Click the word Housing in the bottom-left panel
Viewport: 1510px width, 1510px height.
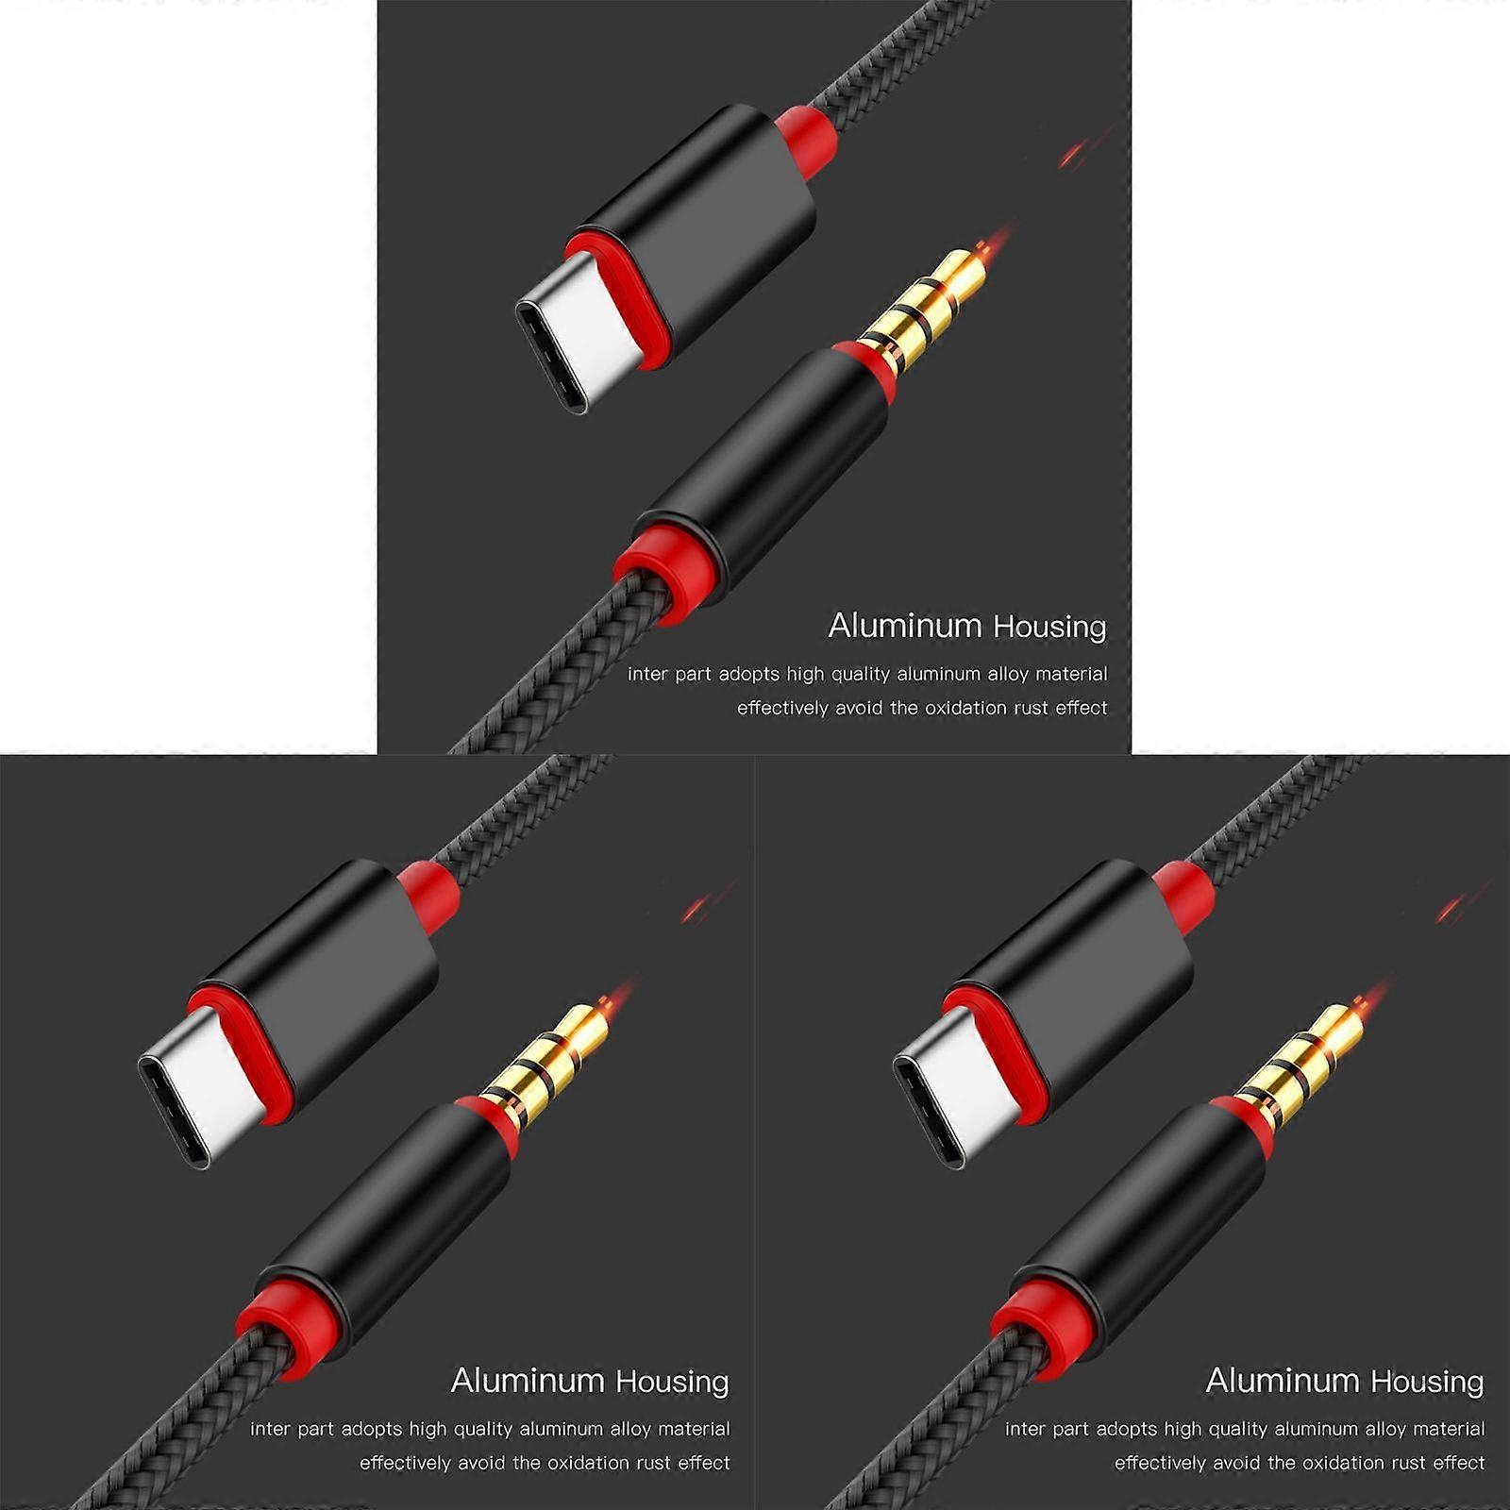coord(673,1383)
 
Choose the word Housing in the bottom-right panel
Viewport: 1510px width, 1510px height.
coord(1428,1383)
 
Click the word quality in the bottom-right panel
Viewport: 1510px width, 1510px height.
coord(1237,1430)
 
